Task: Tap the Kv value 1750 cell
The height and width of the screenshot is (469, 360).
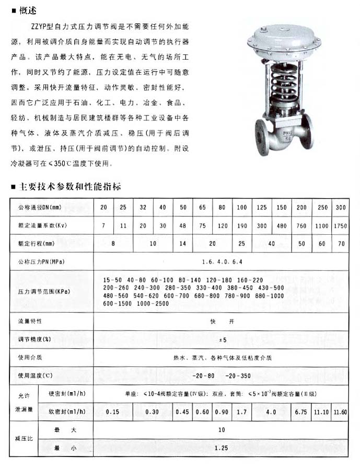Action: [x=340, y=226]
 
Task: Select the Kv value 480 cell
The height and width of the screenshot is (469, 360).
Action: [x=282, y=226]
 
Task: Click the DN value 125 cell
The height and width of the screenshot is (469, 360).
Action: [x=262, y=208]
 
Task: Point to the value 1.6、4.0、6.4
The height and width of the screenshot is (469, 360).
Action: [x=222, y=261]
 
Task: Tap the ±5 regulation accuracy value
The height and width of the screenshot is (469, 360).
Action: [x=222, y=340]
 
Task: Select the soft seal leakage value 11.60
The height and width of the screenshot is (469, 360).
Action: [x=340, y=412]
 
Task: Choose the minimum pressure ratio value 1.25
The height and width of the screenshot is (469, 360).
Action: [x=222, y=449]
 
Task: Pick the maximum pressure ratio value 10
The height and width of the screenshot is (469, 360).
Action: [x=222, y=430]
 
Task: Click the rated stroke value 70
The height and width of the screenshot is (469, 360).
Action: [x=340, y=244]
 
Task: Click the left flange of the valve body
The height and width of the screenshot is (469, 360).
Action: [x=260, y=137]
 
